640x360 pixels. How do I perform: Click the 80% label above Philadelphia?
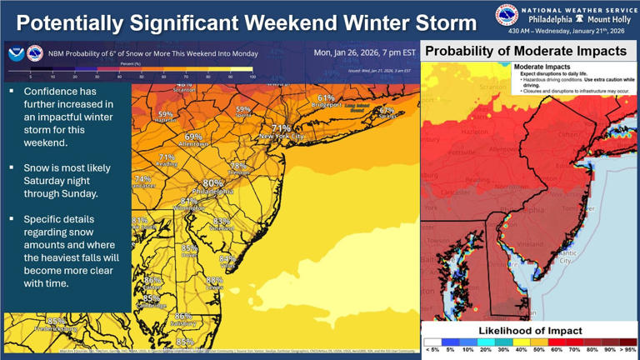212,183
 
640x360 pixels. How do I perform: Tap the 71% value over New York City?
281,128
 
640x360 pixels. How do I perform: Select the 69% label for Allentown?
193,137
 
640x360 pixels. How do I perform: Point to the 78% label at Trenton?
238,166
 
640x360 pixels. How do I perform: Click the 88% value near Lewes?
214,280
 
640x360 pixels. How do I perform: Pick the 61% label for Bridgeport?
325,98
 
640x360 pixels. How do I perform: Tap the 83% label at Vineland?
222,221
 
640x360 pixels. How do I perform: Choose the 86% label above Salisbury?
183,316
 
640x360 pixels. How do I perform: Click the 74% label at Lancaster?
142,179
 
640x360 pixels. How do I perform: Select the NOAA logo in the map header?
16,54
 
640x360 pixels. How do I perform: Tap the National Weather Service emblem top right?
506,15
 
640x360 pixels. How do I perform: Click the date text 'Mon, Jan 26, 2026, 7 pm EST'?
364,52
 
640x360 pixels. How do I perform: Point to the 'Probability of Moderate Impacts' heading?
525,52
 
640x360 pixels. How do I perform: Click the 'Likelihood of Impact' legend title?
530,331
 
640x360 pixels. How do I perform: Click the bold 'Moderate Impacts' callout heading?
542,67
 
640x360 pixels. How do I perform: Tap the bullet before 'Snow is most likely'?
12,168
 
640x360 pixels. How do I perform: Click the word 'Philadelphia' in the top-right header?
551,19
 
